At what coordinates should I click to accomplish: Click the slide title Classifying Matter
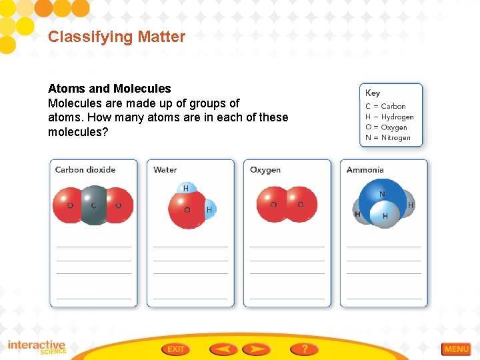tap(117, 37)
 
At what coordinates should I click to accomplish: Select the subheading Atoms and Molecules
tap(109, 89)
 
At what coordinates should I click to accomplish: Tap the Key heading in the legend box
tap(373, 93)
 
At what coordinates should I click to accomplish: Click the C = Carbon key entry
tap(385, 106)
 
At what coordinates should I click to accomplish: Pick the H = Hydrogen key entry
tap(389, 117)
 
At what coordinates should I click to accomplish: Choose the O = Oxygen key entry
tap(386, 127)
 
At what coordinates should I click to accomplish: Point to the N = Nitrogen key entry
tap(388, 138)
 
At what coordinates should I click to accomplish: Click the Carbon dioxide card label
tap(85, 170)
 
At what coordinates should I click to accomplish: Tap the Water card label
tap(165, 170)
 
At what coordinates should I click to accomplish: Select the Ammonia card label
tap(365, 170)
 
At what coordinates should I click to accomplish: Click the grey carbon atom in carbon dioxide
tap(93, 205)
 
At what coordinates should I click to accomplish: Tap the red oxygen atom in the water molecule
tap(186, 209)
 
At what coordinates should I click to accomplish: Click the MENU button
tap(457, 349)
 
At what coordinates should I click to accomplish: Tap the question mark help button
tap(304, 349)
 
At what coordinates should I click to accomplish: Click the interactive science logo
tap(37, 347)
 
